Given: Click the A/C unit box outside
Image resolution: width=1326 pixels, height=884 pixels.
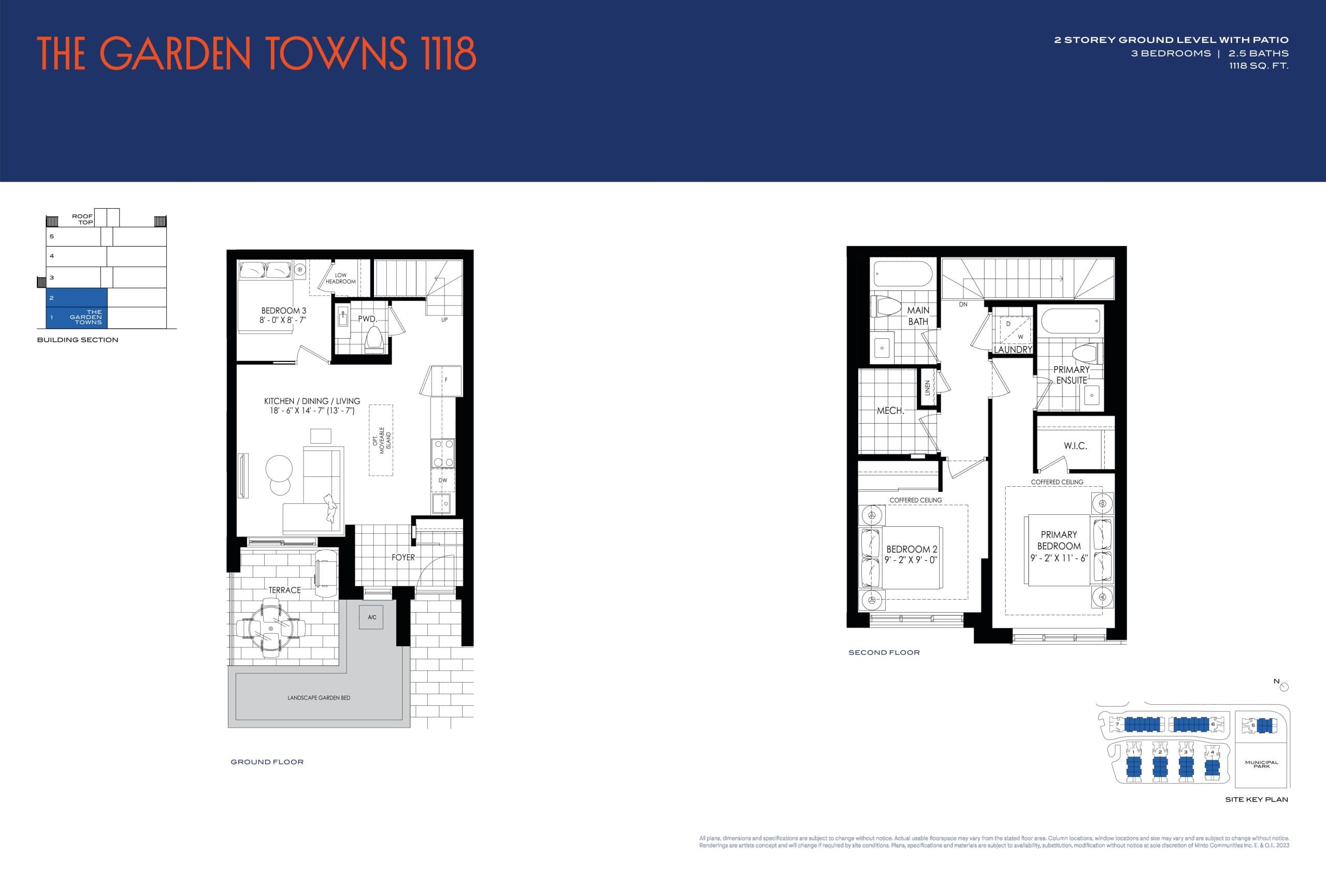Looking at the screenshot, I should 371,617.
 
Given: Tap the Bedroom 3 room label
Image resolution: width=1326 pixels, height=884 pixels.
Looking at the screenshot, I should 283,311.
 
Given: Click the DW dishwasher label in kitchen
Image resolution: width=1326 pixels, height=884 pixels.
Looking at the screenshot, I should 442,481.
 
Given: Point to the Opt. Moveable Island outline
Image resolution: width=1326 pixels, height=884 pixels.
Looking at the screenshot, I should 381,440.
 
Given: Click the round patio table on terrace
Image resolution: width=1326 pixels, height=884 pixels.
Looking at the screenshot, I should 271,629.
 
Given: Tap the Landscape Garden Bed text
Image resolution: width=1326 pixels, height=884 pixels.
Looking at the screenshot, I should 319,698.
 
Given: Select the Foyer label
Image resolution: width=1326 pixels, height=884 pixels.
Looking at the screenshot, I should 403,558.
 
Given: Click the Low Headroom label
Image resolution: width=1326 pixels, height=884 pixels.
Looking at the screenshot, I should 340,279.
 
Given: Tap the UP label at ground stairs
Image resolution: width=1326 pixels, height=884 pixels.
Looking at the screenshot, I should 444,320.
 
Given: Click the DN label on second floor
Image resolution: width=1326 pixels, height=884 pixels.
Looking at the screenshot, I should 963,305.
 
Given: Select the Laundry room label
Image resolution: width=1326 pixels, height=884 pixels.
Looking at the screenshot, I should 1013,350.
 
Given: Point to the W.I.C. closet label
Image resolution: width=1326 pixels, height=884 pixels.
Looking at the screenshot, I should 1075,446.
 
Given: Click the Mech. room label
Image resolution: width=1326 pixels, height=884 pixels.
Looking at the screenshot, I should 890,411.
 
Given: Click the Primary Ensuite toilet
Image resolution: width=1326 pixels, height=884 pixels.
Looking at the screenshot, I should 1086,354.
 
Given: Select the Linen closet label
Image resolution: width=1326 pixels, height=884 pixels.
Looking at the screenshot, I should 927,387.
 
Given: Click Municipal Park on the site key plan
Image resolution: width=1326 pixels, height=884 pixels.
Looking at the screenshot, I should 1262,764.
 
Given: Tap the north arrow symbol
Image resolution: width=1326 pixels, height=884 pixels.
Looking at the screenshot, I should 1284,687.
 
